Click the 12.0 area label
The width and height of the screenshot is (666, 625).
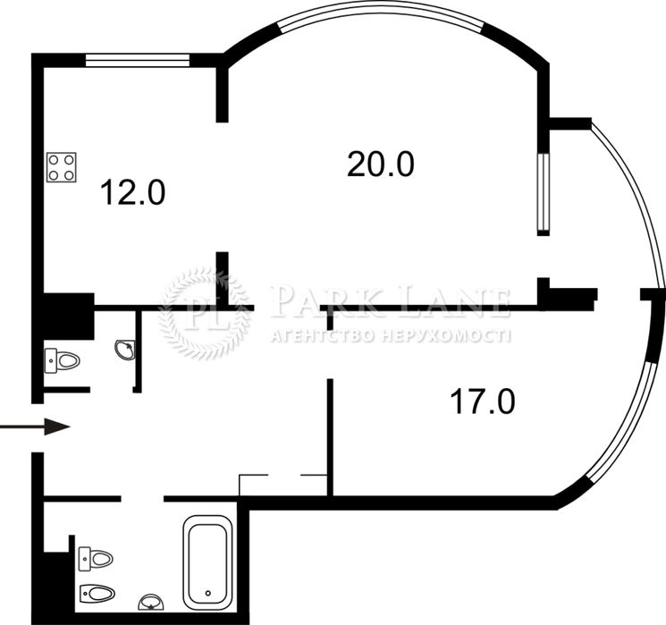132,192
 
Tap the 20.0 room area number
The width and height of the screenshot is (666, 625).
381,165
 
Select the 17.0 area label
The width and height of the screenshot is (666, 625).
483,401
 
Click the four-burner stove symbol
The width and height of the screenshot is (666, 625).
62,167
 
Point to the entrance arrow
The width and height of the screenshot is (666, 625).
35,427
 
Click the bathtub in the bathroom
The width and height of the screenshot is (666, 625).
207,559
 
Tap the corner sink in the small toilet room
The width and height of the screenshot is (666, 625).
126,350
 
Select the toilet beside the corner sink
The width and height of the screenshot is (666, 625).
62,361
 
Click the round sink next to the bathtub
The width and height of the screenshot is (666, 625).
151,602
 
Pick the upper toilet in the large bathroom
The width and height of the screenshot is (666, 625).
96,558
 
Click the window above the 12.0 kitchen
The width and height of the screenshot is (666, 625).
138,60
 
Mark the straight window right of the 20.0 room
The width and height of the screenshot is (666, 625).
544,194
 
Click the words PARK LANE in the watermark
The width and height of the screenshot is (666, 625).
390,301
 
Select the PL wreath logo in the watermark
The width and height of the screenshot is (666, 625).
203,314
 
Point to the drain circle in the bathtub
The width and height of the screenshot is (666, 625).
207,593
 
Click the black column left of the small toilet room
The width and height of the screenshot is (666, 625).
69,317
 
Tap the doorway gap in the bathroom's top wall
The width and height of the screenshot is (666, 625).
143,498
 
